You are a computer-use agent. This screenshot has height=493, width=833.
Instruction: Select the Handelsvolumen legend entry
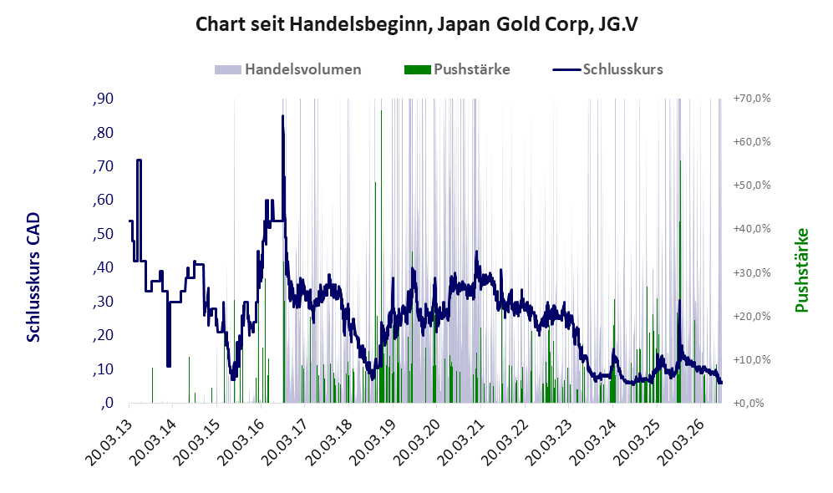[288, 69]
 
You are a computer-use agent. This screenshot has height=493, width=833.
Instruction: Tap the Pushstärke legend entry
[457, 69]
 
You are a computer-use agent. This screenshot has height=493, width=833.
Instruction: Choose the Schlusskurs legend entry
[607, 69]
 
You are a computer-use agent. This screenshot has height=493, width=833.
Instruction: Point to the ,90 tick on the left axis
[103, 99]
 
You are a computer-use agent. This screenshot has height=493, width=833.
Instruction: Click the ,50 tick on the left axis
[103, 234]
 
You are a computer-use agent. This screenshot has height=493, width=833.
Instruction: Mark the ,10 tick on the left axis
[103, 369]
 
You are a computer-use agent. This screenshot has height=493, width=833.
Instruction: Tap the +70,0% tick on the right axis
[752, 99]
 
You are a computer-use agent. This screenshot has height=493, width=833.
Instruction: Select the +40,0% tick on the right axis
[752, 229]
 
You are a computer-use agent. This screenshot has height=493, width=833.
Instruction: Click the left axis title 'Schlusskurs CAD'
[33, 277]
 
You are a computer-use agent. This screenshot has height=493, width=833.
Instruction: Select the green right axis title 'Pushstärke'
[801, 270]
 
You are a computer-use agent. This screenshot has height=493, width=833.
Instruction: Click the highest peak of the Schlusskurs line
[282, 116]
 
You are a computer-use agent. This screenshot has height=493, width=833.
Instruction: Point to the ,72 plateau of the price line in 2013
[139, 160]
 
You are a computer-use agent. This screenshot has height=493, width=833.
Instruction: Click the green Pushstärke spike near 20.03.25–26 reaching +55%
[681, 282]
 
